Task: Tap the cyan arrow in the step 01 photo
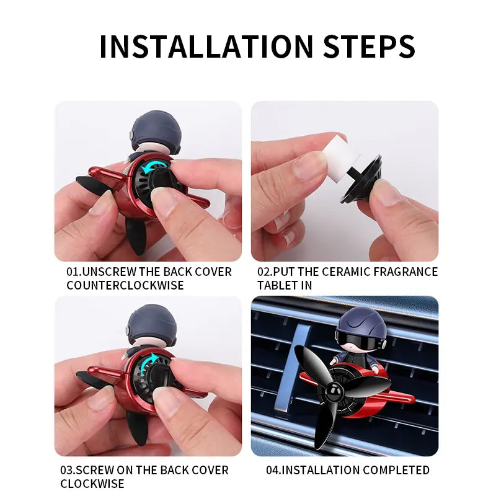154,167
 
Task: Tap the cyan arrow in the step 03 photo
148,363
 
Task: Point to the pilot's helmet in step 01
156,130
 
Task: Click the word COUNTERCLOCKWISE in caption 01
125,285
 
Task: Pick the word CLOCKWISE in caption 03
92,484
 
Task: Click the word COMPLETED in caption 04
396,470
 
